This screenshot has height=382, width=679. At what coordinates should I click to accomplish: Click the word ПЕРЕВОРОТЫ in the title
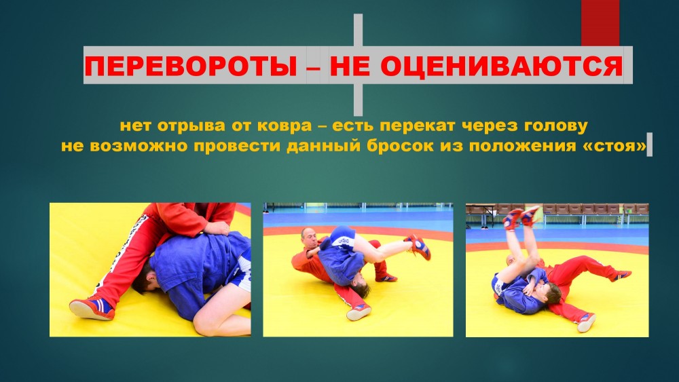pos(191,66)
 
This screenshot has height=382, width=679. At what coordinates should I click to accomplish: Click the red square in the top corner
pos(600,22)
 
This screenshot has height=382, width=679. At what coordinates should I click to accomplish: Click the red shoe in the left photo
pos(92,307)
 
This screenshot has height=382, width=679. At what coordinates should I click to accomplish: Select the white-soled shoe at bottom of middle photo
pos(359,311)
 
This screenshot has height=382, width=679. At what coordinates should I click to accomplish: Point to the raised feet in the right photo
pos(521,216)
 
